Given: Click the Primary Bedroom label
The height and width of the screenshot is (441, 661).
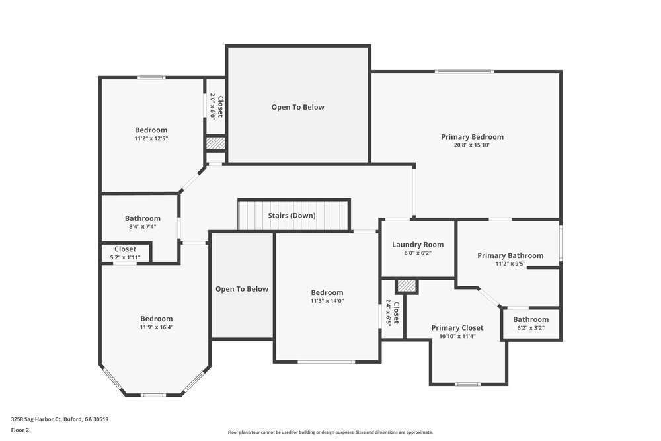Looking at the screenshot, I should (472, 137).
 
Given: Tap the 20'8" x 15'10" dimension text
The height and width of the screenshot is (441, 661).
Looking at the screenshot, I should (472, 145).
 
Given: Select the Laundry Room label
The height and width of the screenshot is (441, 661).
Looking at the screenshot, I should (418, 244).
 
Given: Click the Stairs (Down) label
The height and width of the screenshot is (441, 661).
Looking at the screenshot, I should (292, 216).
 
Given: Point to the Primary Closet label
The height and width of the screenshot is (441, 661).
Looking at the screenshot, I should (457, 327).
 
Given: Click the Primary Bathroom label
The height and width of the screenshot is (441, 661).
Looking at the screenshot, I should (510, 255).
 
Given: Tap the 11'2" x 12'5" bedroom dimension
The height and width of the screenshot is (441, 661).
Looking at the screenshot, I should (151, 138).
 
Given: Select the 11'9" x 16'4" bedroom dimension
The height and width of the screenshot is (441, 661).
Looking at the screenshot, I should (156, 327).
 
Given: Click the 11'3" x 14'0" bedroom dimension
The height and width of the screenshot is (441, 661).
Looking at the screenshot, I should (327, 301).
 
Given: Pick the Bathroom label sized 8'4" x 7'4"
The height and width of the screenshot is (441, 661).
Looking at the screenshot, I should (143, 218).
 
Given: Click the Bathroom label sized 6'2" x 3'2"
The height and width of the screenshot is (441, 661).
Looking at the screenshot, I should (531, 319).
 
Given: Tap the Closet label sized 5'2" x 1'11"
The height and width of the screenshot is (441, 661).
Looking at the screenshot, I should (125, 249).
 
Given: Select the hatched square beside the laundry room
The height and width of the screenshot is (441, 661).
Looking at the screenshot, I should (407, 286).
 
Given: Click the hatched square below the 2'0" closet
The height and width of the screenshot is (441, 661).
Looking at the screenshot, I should (215, 143).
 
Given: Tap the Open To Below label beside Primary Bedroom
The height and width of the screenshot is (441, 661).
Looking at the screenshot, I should (297, 107).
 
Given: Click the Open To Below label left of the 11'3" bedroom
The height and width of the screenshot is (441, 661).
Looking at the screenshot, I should (242, 289).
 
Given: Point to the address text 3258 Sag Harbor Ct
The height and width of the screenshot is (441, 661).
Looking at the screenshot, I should (59, 419).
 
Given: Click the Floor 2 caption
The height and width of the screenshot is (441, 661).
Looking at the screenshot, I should (20, 430).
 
